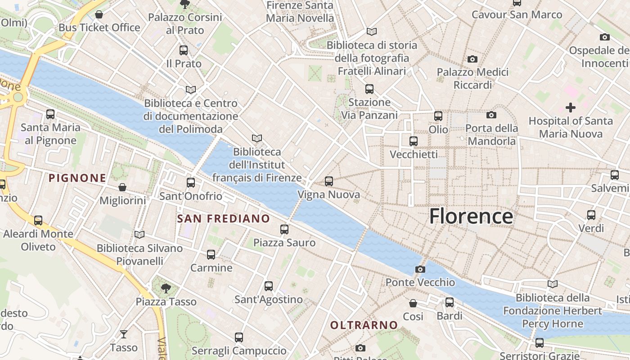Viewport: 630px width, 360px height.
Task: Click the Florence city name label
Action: click(x=471, y=216)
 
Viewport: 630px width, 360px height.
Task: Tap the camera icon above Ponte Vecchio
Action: click(x=420, y=269)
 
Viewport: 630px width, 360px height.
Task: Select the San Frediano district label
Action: click(x=223, y=219)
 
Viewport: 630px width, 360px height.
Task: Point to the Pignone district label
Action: click(x=77, y=178)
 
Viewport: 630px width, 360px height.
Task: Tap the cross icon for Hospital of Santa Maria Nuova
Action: click(x=570, y=108)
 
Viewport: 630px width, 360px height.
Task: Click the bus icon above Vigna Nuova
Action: click(x=329, y=181)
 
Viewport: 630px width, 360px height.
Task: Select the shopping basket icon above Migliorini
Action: click(x=122, y=187)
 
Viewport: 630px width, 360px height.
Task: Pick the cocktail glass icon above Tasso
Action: click(x=123, y=334)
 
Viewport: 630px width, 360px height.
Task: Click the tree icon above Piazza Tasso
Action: click(x=166, y=288)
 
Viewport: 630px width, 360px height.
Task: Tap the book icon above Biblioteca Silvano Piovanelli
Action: click(x=139, y=234)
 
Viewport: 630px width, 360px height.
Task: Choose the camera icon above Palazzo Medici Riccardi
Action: click(x=472, y=59)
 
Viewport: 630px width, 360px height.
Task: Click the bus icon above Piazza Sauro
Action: click(x=284, y=229)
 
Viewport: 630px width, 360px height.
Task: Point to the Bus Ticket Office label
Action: click(x=99, y=27)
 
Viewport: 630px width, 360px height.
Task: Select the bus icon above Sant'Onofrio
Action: click(x=191, y=182)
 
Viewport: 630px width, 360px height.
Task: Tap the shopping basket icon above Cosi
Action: click(x=413, y=303)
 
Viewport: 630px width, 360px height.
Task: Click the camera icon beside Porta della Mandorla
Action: click(x=491, y=115)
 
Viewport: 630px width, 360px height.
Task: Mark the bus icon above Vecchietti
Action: click(x=414, y=141)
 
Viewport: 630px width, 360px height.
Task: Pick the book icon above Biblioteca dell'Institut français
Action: click(x=257, y=138)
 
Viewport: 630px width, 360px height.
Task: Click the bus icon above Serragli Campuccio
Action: click(x=239, y=337)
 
